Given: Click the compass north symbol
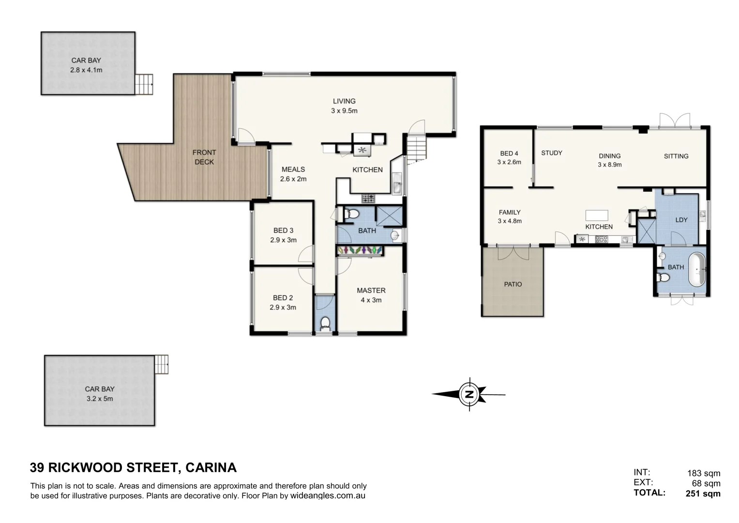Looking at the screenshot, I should [468, 394].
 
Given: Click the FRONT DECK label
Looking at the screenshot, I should [204, 157].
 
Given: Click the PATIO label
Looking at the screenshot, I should [513, 284].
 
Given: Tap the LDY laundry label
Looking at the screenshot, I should [681, 220].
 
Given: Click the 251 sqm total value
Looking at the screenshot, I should [703, 494].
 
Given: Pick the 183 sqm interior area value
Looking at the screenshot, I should [704, 473].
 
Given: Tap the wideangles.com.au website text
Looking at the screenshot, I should [327, 496].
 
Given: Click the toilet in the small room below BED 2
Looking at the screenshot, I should [325, 323].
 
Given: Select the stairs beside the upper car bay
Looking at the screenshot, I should [144, 84].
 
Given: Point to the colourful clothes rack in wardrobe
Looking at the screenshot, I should [360, 250].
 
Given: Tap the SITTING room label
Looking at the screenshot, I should [676, 156].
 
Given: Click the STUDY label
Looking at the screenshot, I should [551, 153].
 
